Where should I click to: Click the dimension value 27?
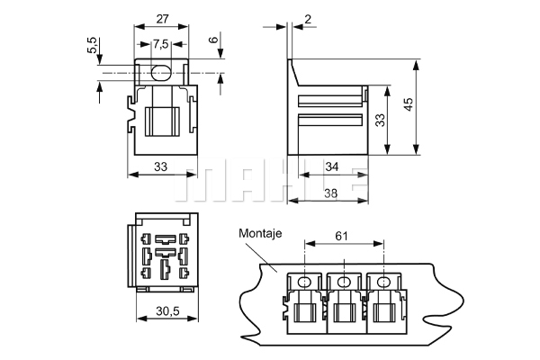point(162,19)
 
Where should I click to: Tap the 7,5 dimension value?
point(161,44)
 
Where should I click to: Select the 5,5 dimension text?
point(92,45)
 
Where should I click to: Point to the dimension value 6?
point(214,40)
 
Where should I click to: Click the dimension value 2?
point(308,19)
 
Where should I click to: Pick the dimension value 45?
point(408,104)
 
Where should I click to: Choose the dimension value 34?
point(332,166)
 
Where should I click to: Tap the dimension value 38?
point(331,193)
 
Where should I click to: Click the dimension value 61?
point(341,237)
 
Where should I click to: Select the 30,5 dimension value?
point(167,311)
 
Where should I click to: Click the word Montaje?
point(260,233)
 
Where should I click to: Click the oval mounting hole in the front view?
point(161,73)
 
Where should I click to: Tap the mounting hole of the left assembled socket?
point(304,283)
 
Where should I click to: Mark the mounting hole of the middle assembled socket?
point(344,283)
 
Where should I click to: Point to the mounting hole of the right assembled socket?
point(382,283)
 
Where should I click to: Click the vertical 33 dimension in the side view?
point(380,121)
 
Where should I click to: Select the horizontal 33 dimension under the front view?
point(160,166)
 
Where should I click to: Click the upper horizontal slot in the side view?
point(330,100)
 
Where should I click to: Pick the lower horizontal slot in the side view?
point(330,120)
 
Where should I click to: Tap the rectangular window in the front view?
point(163,121)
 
